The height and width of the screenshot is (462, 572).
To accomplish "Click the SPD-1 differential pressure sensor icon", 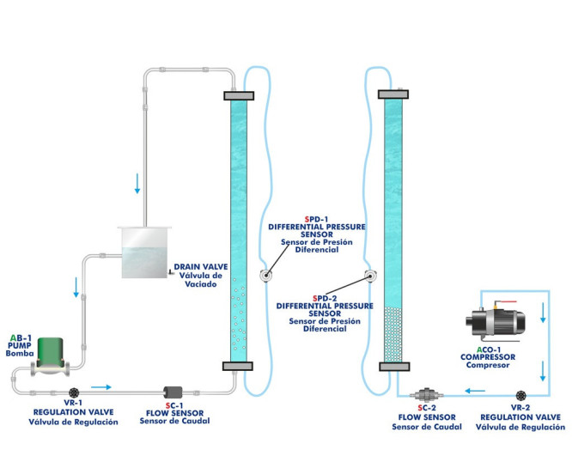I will [x=265, y=276].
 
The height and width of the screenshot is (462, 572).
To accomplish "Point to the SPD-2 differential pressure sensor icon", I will [x=369, y=277].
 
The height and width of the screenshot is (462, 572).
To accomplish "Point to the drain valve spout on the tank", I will [x=171, y=271].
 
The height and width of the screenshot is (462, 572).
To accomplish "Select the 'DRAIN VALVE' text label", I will [x=200, y=267].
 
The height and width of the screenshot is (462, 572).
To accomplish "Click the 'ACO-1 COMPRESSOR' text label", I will [x=488, y=356].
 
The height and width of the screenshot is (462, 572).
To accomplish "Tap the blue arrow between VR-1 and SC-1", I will [x=101, y=386].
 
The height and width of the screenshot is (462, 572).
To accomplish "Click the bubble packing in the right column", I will [x=392, y=331].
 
